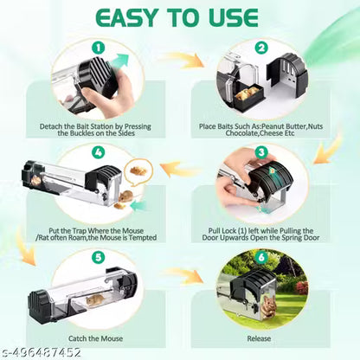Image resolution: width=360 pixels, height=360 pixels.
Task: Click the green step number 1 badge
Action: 99,48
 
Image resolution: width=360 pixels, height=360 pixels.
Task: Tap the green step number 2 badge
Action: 261,48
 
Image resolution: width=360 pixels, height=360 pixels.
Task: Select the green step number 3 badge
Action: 261,152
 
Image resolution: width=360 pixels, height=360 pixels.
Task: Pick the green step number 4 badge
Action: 99,152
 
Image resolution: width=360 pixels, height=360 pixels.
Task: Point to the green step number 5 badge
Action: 99,257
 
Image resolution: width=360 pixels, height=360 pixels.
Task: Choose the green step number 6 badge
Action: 261,257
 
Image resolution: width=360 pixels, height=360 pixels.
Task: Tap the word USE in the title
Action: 234,18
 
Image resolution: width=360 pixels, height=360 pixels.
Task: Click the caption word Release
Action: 259,338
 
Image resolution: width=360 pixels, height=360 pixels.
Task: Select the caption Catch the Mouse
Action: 95,338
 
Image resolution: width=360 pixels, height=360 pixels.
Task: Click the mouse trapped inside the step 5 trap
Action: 95,299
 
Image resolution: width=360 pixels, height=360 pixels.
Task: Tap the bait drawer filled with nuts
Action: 249,97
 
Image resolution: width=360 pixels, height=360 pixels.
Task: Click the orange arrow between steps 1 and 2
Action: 183,60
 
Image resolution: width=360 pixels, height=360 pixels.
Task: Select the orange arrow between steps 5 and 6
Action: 183,274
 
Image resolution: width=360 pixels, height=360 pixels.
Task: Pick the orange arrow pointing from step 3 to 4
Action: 180,169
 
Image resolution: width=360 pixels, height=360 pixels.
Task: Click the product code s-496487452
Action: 42,352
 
